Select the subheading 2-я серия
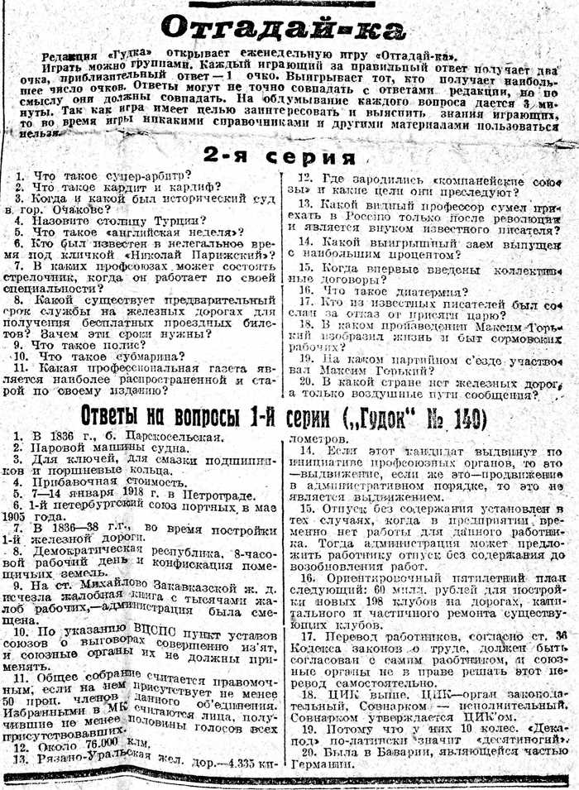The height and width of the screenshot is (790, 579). [280, 156]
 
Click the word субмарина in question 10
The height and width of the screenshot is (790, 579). [147, 357]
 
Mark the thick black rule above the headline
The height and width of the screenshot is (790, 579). [283, 4]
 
